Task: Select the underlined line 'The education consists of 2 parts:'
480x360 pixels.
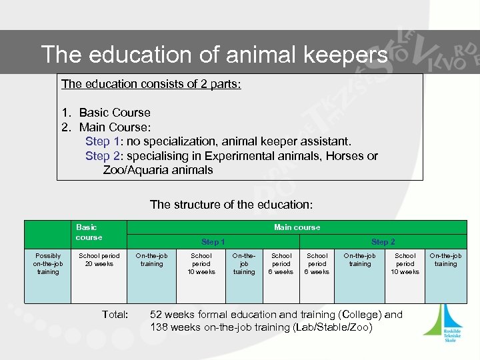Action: (151, 84)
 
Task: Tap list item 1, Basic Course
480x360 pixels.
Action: (114, 113)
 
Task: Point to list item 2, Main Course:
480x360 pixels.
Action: (115, 127)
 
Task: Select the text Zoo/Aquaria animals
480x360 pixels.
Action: (158, 170)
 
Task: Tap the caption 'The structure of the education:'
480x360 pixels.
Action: (231, 204)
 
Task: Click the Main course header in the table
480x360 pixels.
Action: (297, 227)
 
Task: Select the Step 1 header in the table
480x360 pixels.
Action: (213, 242)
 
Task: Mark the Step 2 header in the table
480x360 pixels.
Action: (383, 242)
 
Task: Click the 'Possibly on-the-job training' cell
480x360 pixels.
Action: (48, 264)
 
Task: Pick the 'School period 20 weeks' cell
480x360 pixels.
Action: (99, 260)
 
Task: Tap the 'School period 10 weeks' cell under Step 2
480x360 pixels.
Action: (405, 264)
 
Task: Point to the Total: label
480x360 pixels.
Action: (115, 314)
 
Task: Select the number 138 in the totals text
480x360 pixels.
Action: (161, 327)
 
